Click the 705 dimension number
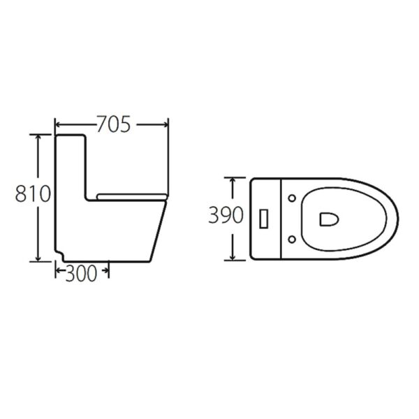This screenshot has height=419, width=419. pos(113,125)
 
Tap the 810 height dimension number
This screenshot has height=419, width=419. pos(32,194)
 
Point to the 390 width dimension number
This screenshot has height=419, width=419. pos(226,215)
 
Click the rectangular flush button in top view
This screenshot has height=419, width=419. pos(264,219)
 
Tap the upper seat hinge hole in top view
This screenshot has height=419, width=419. pos(291,198)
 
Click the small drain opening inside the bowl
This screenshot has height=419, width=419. pos(329,219)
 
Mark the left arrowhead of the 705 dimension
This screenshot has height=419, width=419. pos(57,125)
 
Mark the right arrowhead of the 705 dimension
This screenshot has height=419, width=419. pos(166,125)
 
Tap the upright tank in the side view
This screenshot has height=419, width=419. pos(70,168)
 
